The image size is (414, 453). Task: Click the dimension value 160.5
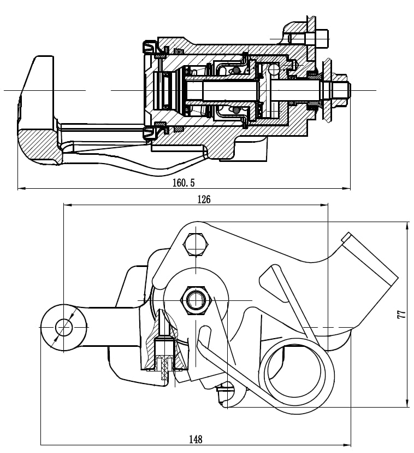point(183,183)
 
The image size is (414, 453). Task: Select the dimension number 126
point(203,199)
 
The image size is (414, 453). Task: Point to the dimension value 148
point(196,439)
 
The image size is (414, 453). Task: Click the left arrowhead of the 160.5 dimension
point(21,189)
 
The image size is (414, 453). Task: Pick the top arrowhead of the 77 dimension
point(407,225)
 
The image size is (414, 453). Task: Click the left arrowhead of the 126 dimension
point(67,205)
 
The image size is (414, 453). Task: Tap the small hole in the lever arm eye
point(64,327)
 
